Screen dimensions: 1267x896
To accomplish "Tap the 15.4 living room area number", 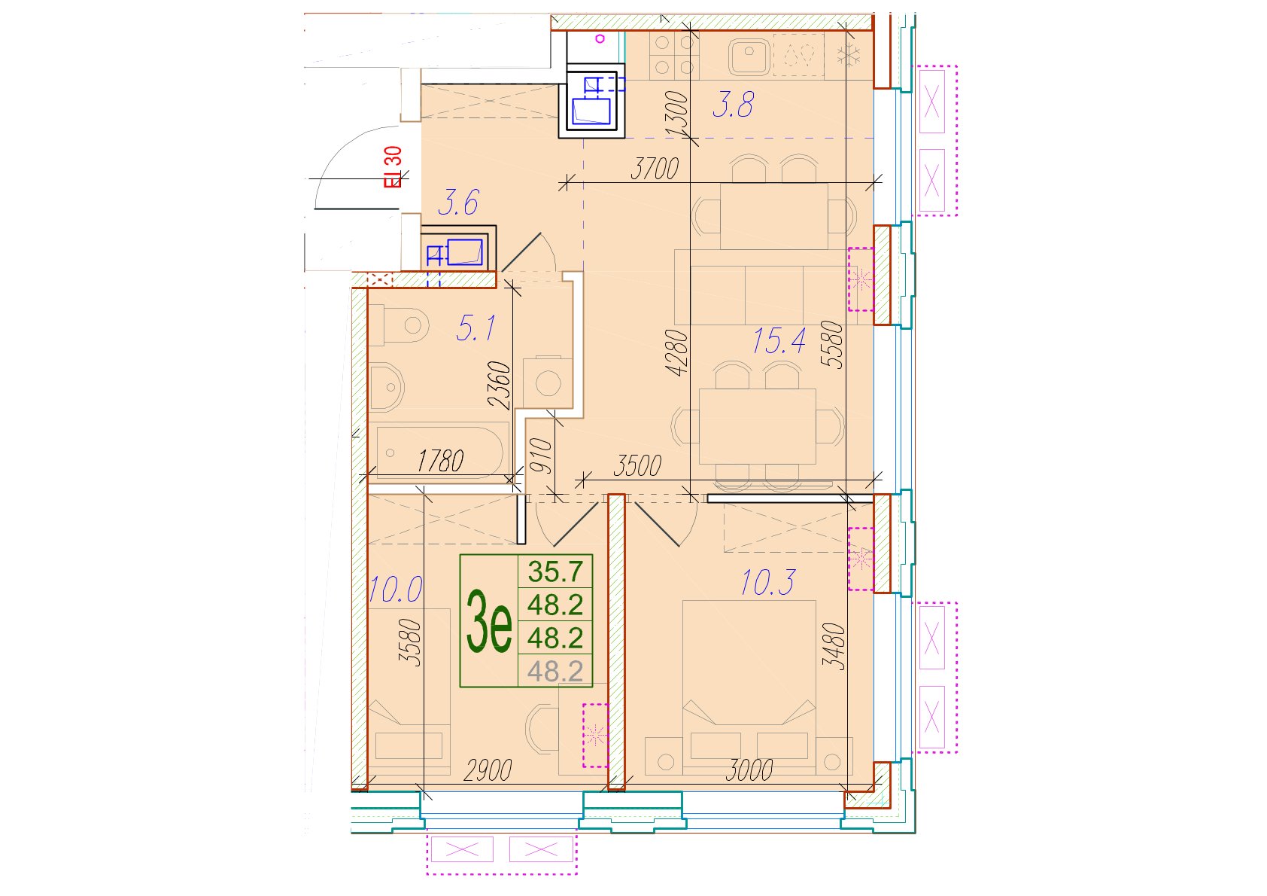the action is pos(778,341).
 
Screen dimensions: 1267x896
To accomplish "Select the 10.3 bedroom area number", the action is pos(767,583).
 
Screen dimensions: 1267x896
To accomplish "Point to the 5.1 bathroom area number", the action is pos(476,328).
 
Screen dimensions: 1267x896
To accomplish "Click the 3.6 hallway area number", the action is pos(459,203).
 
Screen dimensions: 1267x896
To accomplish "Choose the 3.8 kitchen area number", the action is pos(733,105).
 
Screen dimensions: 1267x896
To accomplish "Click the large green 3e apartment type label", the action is pos(489,620).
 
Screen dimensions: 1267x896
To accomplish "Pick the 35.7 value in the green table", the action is pos(555,571).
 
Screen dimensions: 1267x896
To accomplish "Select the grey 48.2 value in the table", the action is pos(555,672).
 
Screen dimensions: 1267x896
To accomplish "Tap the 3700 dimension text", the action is pos(655,169).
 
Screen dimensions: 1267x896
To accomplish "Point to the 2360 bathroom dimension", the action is pos(500,386).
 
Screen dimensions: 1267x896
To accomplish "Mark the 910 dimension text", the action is pos(541,456).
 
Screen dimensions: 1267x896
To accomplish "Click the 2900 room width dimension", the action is pos(488,770).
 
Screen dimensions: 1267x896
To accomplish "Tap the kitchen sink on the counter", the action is pos(749,56).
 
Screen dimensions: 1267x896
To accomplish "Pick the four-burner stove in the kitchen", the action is pos(674,56).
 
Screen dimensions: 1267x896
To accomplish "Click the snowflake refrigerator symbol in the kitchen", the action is pos(849,56).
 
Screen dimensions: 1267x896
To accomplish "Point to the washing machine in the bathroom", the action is pos(548,382).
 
